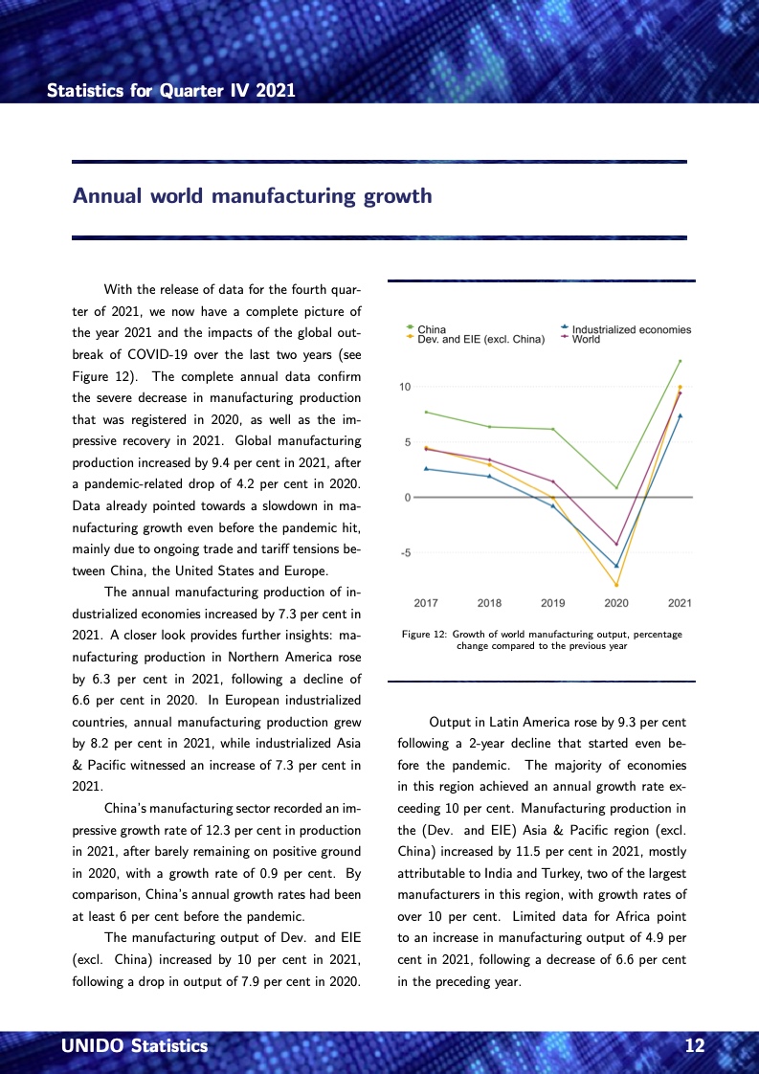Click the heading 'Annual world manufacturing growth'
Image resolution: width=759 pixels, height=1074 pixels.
point(253,197)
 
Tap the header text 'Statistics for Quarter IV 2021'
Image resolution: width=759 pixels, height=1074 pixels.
point(171,91)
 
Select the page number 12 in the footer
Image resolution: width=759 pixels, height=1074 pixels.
point(695,1046)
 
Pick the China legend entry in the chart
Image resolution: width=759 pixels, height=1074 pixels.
point(431,330)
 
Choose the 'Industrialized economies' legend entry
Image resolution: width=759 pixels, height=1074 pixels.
point(631,330)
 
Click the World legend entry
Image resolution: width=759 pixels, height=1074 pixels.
point(586,339)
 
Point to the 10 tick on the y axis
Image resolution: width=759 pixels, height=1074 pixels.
point(406,387)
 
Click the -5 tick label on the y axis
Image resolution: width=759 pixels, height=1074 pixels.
point(406,552)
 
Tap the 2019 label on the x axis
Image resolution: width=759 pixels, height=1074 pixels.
point(552,603)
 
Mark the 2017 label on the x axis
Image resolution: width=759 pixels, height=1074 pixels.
point(426,603)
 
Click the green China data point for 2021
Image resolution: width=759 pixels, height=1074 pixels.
point(680,361)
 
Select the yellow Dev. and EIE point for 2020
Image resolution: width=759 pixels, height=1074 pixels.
point(616,585)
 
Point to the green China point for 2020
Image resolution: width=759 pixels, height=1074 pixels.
point(616,487)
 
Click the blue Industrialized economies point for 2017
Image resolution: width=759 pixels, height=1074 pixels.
point(426,469)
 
